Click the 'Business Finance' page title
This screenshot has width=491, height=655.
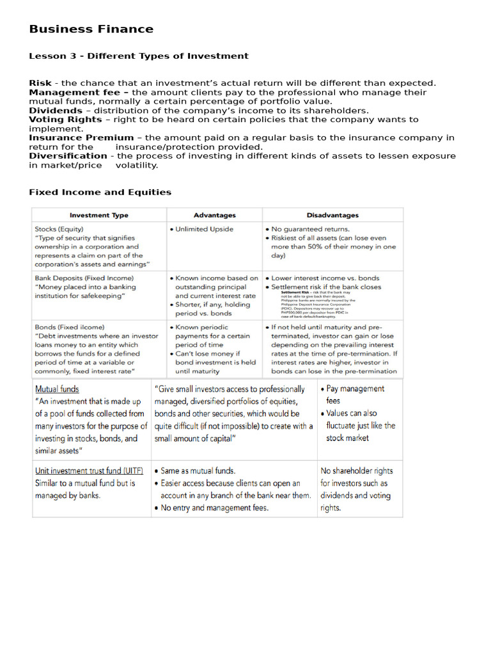[91, 29]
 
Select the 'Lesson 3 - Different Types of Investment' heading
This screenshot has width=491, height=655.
[139, 56]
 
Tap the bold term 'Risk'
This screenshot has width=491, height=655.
[41, 83]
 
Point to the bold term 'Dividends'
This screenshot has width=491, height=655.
[56, 111]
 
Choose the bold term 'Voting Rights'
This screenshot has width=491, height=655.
[65, 120]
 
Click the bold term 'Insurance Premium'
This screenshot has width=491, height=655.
[81, 138]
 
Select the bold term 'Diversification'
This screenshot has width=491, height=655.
[68, 156]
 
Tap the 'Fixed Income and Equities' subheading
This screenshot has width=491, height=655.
[100, 193]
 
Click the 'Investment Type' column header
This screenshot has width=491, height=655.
[98, 216]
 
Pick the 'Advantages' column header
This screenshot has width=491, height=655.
[215, 216]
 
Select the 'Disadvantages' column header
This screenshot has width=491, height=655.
[332, 216]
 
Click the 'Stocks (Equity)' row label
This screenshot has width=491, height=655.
[59, 229]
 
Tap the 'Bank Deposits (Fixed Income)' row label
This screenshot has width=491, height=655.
[84, 278]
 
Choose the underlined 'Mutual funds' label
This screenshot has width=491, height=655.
[58, 389]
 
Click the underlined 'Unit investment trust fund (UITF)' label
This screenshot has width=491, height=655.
[89, 471]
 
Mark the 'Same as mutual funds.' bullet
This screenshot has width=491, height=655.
[198, 471]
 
